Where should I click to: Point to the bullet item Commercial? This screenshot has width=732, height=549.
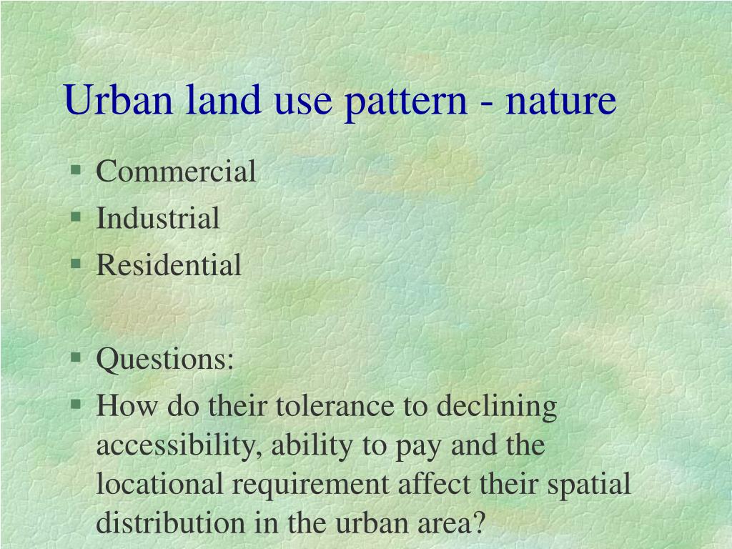pyautogui.click(x=176, y=172)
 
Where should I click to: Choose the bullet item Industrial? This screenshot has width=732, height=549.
pyautogui.click(x=158, y=218)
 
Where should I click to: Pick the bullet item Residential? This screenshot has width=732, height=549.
pyautogui.click(x=169, y=265)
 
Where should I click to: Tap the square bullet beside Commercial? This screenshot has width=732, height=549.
pyautogui.click(x=76, y=169)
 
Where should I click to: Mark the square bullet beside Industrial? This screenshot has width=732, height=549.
pyautogui.click(x=76, y=217)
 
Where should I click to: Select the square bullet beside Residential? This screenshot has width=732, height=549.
pyautogui.click(x=76, y=264)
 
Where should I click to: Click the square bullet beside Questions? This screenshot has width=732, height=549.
pyautogui.click(x=76, y=357)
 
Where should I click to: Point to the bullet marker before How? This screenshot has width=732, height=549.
pyautogui.click(x=76, y=405)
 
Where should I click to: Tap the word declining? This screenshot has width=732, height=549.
pyautogui.click(x=496, y=407)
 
